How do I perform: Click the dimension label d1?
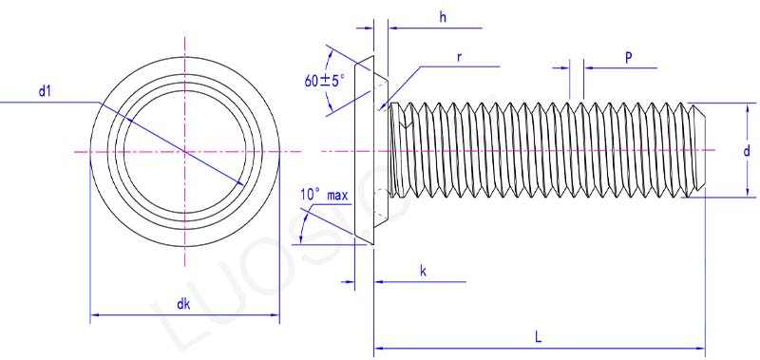click(x=45, y=91)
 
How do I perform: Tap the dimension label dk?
click(x=183, y=304)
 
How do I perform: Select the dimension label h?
click(x=443, y=17)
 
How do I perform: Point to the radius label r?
click(x=459, y=57)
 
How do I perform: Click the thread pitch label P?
click(x=628, y=58)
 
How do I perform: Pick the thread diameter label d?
click(x=747, y=151)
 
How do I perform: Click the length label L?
click(x=539, y=336)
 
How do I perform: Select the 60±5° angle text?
click(x=325, y=81)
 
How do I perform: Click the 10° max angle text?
click(x=324, y=195)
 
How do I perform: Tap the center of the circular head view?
click(x=185, y=151)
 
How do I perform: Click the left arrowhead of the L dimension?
click(x=378, y=348)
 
